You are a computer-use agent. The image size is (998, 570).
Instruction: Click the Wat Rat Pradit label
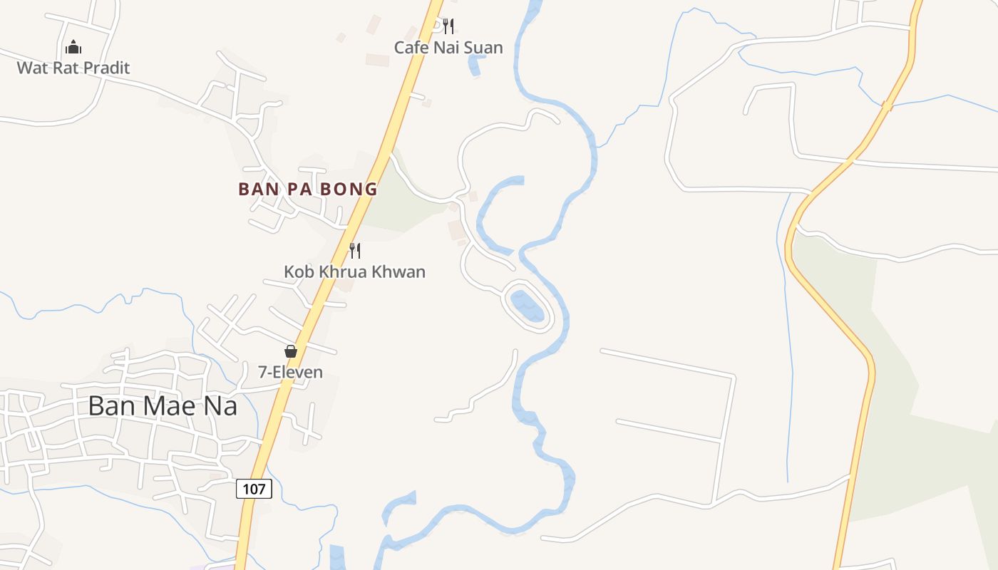73,68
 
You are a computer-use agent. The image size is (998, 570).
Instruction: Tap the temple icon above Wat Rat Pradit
73,48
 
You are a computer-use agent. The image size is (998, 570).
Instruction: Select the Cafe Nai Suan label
448,48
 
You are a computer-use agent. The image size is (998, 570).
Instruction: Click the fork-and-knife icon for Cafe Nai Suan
448,27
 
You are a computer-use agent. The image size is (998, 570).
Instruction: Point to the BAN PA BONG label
307,190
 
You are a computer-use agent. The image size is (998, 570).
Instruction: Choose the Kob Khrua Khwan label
354,271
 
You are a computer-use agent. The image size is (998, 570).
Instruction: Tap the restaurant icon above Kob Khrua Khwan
354,250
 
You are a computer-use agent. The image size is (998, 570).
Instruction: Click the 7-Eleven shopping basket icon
290,351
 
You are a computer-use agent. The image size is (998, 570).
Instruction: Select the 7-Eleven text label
290,372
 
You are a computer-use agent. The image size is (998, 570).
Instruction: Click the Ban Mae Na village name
163,405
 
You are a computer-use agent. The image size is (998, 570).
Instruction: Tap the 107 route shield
253,489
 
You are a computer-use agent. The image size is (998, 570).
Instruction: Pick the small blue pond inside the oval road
528,306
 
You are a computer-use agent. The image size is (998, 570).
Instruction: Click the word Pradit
106,68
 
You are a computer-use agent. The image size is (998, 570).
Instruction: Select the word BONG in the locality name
350,190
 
